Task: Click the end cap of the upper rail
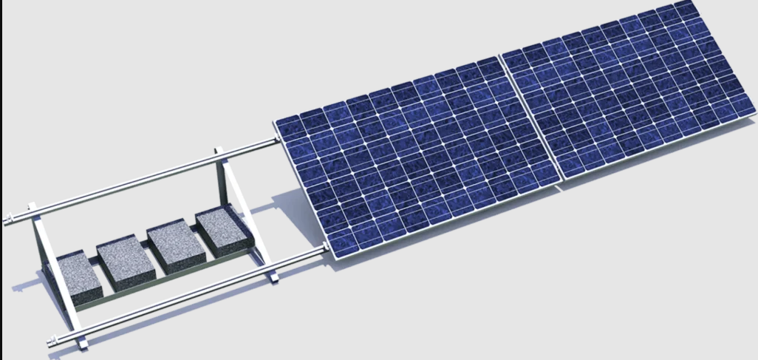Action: (8, 220)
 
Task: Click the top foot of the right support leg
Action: (219, 152)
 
